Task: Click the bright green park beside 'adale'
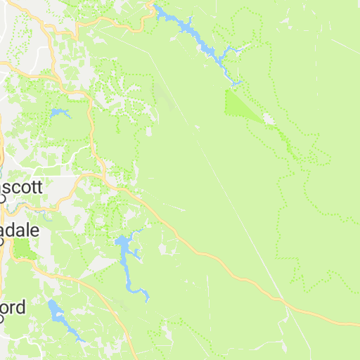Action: click(22, 248)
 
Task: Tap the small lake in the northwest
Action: click(59, 112)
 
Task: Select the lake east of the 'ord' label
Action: click(56, 310)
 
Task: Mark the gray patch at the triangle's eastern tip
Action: click(268, 119)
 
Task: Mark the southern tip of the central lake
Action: click(147, 300)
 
